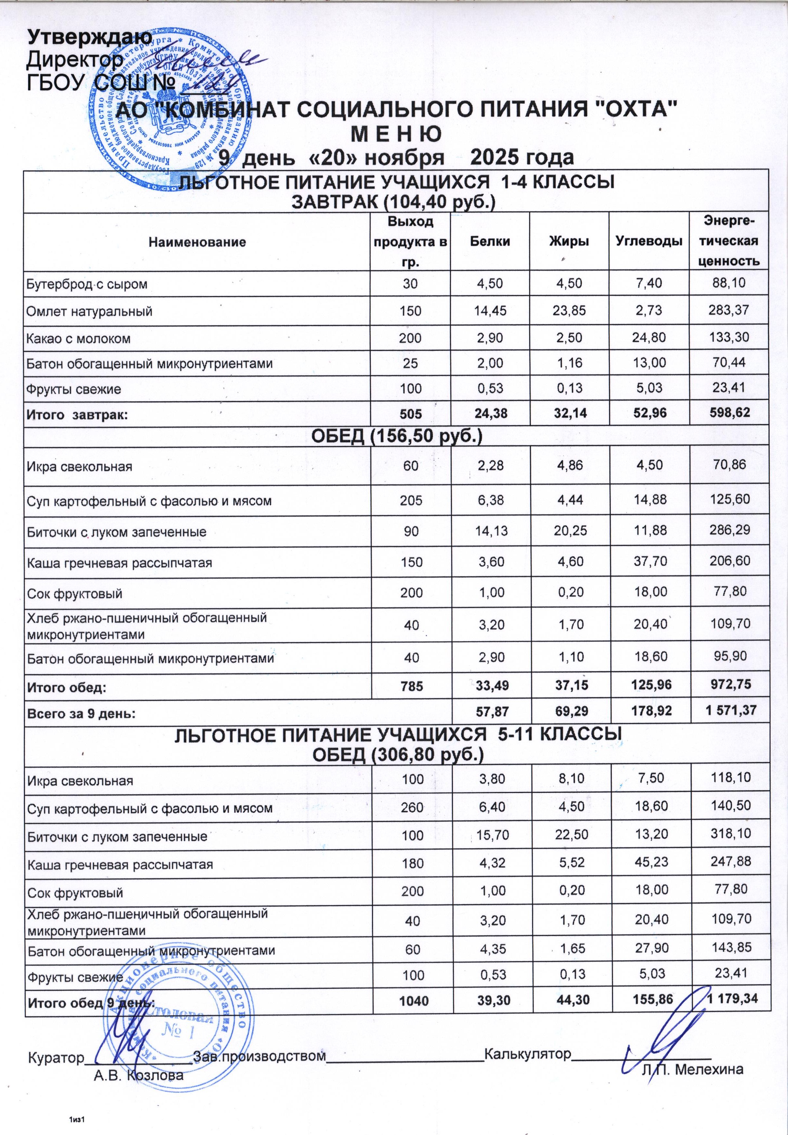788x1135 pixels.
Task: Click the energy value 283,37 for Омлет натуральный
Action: click(728, 311)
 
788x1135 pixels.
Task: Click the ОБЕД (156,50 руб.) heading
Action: click(396, 436)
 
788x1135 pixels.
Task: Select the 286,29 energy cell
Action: click(728, 530)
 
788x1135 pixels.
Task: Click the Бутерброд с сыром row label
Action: click(87, 284)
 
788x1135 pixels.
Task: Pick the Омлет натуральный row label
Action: click(89, 312)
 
